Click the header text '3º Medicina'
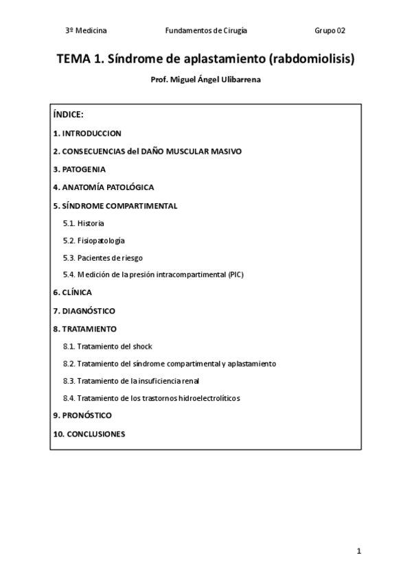click(x=86, y=31)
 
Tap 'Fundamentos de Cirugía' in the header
click(x=206, y=31)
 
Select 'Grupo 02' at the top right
click(x=330, y=31)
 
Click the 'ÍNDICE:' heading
click(x=68, y=115)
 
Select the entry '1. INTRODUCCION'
click(x=87, y=133)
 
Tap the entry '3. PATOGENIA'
click(x=79, y=169)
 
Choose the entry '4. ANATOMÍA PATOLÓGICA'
click(x=103, y=187)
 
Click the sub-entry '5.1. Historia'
click(x=83, y=223)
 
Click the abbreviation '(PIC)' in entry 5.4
click(x=236, y=275)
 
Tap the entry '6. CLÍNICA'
click(x=72, y=292)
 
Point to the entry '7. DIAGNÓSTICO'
click(x=84, y=311)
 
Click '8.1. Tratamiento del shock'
click(x=107, y=347)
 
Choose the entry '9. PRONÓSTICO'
click(x=82, y=415)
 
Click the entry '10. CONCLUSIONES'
click(x=89, y=434)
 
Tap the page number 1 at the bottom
click(x=358, y=551)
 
